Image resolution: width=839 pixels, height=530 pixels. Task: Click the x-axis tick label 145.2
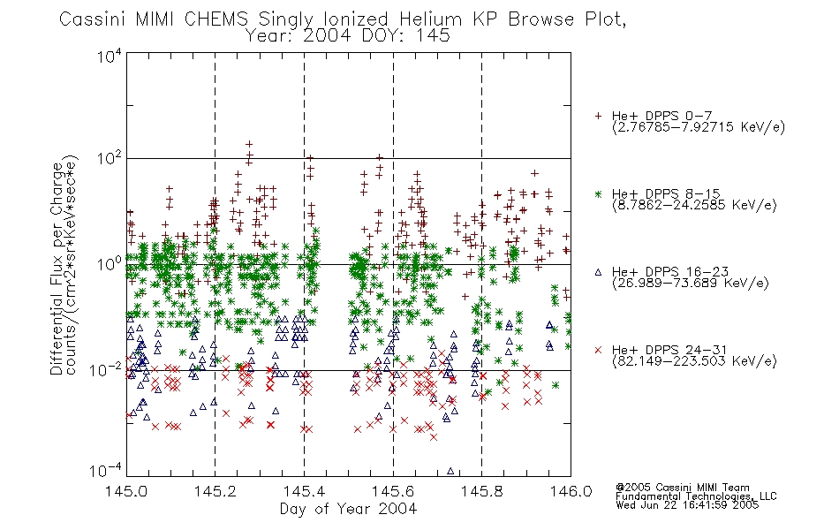coord(215,491)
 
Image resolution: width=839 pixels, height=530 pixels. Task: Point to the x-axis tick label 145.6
coord(393,491)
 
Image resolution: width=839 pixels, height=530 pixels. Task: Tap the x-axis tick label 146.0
coord(571,491)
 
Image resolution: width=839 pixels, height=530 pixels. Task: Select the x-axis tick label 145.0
coord(126,491)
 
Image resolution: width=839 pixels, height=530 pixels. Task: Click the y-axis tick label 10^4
coord(110,56)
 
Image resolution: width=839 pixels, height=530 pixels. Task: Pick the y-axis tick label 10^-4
coord(106,470)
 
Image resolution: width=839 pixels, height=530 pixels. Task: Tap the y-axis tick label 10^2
coord(110,159)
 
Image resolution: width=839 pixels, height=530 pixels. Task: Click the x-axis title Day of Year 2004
coord(348,509)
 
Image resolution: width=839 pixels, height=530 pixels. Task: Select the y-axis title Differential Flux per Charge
coord(57,269)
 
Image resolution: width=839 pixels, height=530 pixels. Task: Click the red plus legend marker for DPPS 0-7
coord(598,116)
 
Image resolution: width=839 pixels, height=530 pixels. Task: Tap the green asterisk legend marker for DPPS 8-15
coord(598,193)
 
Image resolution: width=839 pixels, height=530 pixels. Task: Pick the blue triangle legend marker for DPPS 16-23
coord(598,272)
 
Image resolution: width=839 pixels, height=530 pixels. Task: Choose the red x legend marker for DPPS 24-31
coord(598,350)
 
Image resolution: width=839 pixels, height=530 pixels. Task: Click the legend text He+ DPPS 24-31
coord(669,350)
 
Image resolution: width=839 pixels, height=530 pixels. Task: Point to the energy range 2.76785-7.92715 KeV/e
coord(699,127)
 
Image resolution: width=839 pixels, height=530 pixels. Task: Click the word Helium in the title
coord(430,19)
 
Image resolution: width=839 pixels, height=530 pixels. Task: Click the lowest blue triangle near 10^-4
coord(450,471)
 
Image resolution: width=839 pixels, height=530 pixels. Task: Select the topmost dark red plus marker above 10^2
coord(249,144)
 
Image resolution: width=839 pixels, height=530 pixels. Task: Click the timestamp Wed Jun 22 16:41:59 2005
coord(687,505)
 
